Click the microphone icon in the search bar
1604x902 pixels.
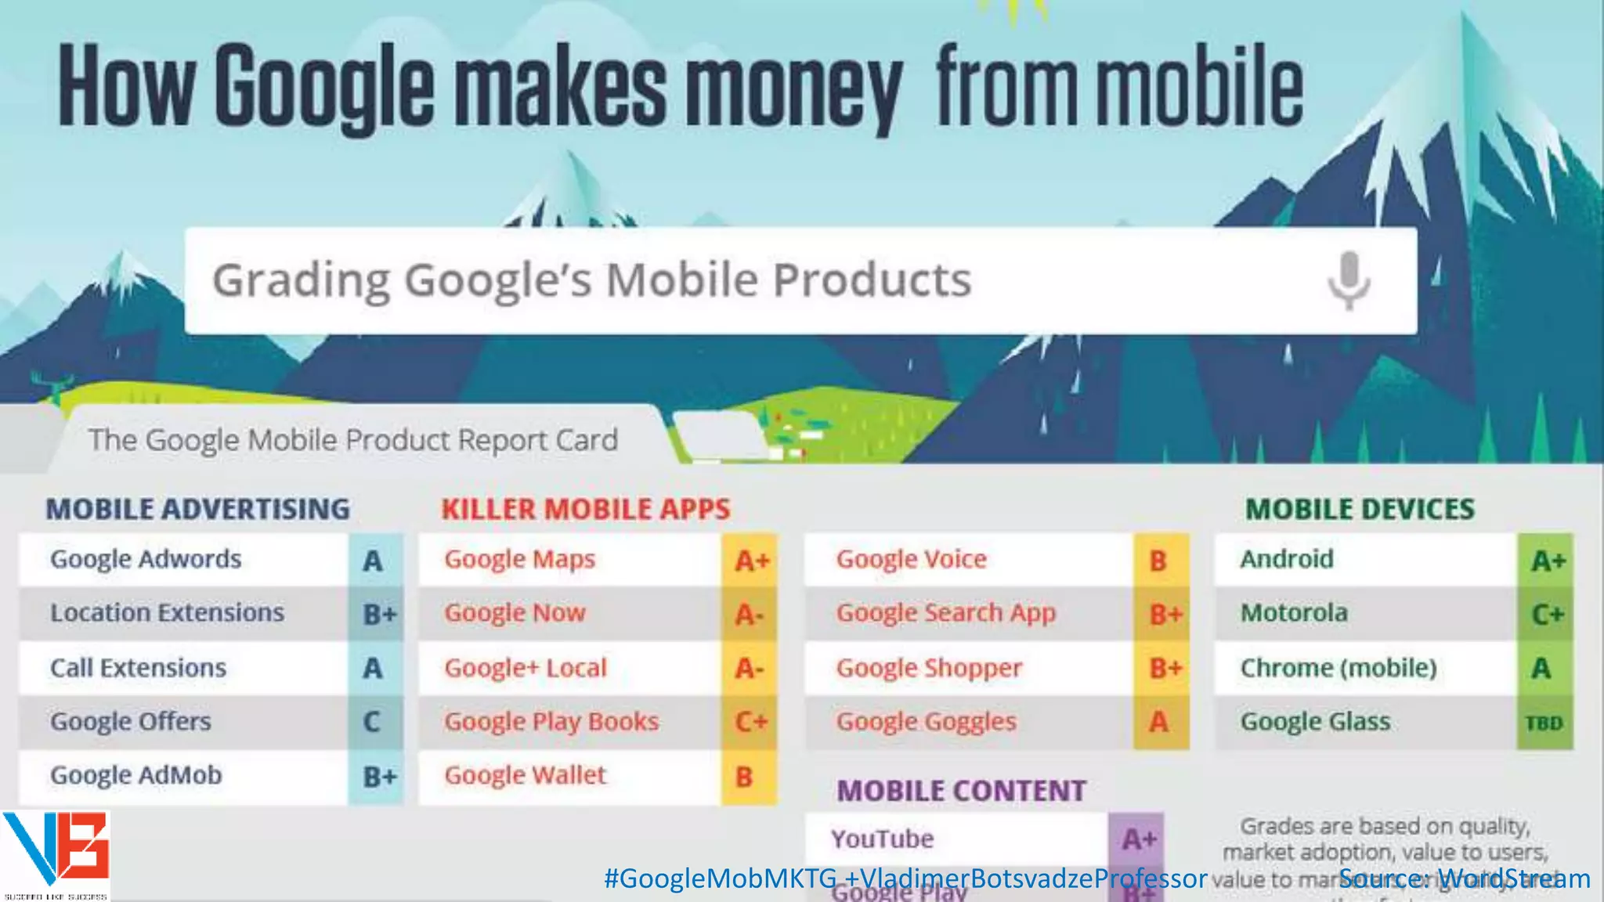tap(1349, 280)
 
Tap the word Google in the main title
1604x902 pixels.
tap(323, 86)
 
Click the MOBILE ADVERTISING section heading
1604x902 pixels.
tap(197, 509)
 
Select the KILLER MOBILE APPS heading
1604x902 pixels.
tap(585, 509)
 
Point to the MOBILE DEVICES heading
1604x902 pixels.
tap(1360, 509)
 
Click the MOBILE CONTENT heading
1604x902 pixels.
tap(961, 791)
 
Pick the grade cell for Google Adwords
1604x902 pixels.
tap(374, 561)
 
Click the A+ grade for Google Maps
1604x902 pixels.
tap(751, 561)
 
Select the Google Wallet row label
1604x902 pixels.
tap(525, 775)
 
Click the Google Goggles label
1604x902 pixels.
tap(926, 721)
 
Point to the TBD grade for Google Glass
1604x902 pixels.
tap(1544, 723)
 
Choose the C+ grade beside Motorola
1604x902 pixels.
tap(1547, 615)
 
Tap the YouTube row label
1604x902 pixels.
tap(882, 839)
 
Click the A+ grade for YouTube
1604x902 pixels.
tap(1138, 839)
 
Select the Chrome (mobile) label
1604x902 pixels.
tap(1338, 668)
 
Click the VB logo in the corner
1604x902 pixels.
tap(55, 853)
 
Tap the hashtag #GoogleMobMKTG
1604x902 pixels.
tap(719, 879)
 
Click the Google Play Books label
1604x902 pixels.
tap(551, 721)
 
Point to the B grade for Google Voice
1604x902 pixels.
tap(1158, 561)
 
